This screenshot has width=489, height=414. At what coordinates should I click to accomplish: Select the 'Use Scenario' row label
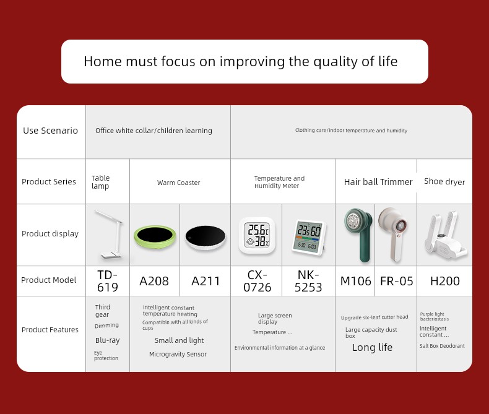click(50, 131)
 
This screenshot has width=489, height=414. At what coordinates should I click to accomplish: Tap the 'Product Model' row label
click(49, 280)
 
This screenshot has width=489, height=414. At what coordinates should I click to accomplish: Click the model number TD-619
click(108, 281)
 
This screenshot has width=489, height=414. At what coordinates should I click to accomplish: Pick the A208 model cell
click(154, 281)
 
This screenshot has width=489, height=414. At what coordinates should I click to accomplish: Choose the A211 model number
click(206, 281)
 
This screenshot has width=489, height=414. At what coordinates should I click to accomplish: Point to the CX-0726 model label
click(257, 281)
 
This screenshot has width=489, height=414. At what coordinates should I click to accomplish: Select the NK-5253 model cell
click(308, 281)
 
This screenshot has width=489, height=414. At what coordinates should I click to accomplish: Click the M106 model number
click(355, 281)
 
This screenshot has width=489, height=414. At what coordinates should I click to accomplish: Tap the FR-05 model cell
click(396, 281)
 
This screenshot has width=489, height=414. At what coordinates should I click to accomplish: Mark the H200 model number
click(444, 281)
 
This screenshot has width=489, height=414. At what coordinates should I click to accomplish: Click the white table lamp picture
click(108, 235)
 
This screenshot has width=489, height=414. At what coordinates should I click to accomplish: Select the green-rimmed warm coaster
click(155, 236)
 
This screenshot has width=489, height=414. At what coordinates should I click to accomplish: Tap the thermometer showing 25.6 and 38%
click(257, 235)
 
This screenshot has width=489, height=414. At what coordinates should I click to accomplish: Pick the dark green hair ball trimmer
click(358, 235)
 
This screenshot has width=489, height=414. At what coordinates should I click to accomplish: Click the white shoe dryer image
click(446, 235)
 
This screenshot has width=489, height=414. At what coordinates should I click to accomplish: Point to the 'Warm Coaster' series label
click(178, 183)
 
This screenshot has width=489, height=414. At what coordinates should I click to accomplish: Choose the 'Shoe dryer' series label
click(444, 181)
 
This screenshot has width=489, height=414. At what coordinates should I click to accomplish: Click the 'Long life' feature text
click(372, 347)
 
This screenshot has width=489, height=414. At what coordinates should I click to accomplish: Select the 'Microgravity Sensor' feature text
click(178, 354)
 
